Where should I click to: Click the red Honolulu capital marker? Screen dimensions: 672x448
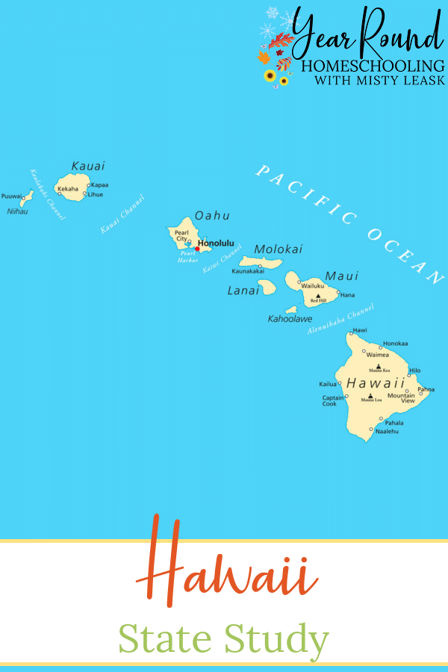197,249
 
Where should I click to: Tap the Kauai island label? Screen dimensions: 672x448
88,166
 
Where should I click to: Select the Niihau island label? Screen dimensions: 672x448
16,211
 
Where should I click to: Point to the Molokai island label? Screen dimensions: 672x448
279,249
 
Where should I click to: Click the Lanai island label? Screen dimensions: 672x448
243,290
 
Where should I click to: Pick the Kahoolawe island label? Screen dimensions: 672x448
290,319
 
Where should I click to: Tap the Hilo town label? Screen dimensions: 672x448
415,370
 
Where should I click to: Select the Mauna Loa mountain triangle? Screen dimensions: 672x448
370,396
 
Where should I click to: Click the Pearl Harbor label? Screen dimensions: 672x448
187,257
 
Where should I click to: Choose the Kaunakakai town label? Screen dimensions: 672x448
248,271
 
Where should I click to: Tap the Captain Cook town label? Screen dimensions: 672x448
333,400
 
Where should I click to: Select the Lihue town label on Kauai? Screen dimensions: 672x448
96,194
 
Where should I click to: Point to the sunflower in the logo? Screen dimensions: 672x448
270,75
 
